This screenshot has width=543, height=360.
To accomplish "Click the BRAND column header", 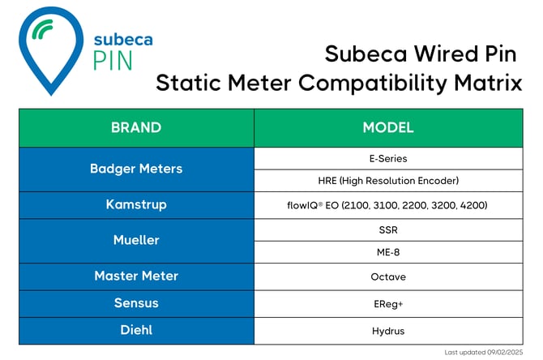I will pyautogui.click(x=136, y=127).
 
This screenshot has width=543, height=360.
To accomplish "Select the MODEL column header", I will pyautogui.click(x=388, y=127).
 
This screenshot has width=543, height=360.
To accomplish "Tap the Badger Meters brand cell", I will pyautogui.click(x=136, y=169).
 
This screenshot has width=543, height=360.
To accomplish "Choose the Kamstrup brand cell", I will pyautogui.click(x=136, y=204).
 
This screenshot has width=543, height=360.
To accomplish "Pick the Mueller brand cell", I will pyautogui.click(x=136, y=240).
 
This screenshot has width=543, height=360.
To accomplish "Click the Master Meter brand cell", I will pyautogui.click(x=136, y=276).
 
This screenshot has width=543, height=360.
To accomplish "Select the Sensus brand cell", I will pyautogui.click(x=136, y=303).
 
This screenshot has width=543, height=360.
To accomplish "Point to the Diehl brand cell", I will pyautogui.click(x=136, y=330).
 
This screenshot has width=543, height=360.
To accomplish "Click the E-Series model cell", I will pyautogui.click(x=388, y=158).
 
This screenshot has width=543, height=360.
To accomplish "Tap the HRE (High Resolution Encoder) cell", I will pyautogui.click(x=388, y=180).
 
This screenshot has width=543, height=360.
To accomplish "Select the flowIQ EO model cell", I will pyautogui.click(x=388, y=205).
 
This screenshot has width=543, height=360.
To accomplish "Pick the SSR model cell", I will pyautogui.click(x=388, y=229).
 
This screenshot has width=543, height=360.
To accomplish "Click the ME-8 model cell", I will pyautogui.click(x=388, y=251).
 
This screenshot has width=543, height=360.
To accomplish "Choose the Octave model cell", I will pyautogui.click(x=388, y=276).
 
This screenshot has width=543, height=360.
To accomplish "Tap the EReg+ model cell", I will pyautogui.click(x=388, y=303).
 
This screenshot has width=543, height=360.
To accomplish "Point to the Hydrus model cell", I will pyautogui.click(x=388, y=330).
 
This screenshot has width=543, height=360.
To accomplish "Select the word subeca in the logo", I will pyautogui.click(x=122, y=38).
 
